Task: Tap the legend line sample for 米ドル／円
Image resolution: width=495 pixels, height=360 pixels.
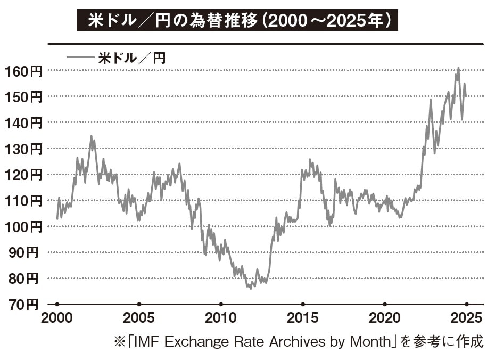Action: click(80, 58)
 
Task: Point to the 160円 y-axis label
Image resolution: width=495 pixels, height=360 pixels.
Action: click(23, 71)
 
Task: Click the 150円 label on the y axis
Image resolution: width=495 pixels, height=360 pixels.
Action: click(23, 97)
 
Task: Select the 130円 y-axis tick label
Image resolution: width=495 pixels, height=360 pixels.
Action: click(23, 149)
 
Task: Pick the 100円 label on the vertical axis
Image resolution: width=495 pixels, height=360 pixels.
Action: click(23, 227)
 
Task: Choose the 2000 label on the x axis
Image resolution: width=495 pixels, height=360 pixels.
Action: click(56, 318)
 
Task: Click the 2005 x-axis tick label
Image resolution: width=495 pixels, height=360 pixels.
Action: click(138, 318)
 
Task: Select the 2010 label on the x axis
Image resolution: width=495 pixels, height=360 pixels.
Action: click(220, 318)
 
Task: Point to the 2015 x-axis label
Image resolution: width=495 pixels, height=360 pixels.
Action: click(302, 318)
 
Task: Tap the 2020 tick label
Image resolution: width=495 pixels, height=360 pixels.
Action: click(384, 318)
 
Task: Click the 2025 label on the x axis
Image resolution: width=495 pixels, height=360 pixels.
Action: click(466, 318)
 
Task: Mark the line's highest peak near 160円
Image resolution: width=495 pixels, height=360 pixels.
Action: click(458, 68)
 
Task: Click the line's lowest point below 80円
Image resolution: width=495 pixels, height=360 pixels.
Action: click(250, 288)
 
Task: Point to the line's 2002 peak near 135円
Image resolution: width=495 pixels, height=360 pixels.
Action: click(91, 136)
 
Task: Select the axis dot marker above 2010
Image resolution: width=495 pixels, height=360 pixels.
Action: click(220, 304)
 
